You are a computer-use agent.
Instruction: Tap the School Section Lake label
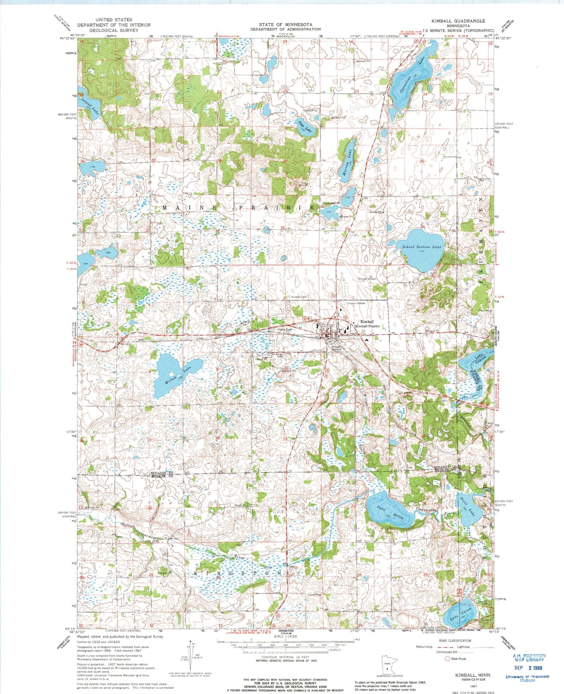[x=421, y=247]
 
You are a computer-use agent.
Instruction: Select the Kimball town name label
[x=367, y=322]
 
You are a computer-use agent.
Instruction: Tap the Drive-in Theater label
[x=356, y=303]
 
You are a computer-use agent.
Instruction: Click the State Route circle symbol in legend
[x=447, y=659]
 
